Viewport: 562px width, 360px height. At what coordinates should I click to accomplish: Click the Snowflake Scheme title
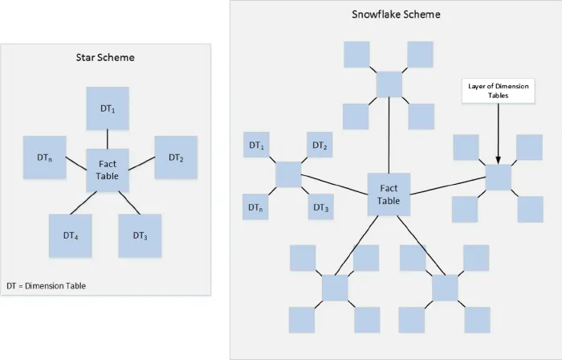click(x=396, y=14)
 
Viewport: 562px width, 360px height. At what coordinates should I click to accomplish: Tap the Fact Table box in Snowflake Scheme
click(x=389, y=194)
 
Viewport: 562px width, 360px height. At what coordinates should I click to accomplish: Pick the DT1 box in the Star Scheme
click(x=108, y=108)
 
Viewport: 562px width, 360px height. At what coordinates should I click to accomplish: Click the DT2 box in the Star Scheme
click(x=176, y=157)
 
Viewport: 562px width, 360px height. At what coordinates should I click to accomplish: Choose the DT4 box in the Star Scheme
click(x=70, y=235)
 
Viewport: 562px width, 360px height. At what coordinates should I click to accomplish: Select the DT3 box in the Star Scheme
click(x=140, y=235)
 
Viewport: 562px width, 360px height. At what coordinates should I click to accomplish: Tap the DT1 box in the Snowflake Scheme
click(x=255, y=145)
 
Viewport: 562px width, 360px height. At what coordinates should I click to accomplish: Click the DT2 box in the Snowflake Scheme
click(x=319, y=145)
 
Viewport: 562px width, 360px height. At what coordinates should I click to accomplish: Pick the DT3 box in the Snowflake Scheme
click(x=320, y=207)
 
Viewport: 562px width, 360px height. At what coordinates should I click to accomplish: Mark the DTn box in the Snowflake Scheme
click(x=255, y=207)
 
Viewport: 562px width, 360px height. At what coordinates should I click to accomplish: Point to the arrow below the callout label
click(x=499, y=133)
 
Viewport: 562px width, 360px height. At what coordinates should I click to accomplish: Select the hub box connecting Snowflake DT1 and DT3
click(x=287, y=175)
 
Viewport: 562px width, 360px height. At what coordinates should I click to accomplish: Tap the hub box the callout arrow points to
click(x=499, y=177)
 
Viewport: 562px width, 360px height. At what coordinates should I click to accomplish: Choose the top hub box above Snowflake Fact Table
click(x=389, y=84)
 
